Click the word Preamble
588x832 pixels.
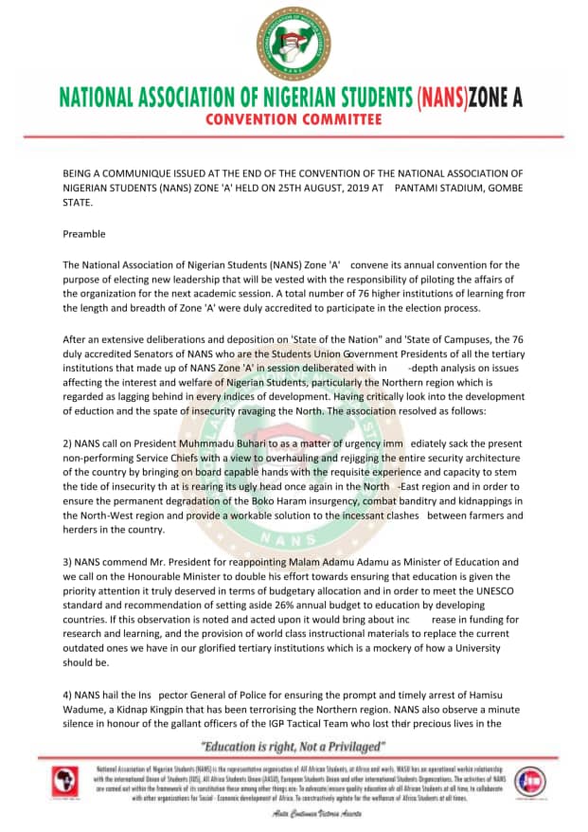click(x=84, y=234)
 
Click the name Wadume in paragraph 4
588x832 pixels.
click(x=86, y=710)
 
